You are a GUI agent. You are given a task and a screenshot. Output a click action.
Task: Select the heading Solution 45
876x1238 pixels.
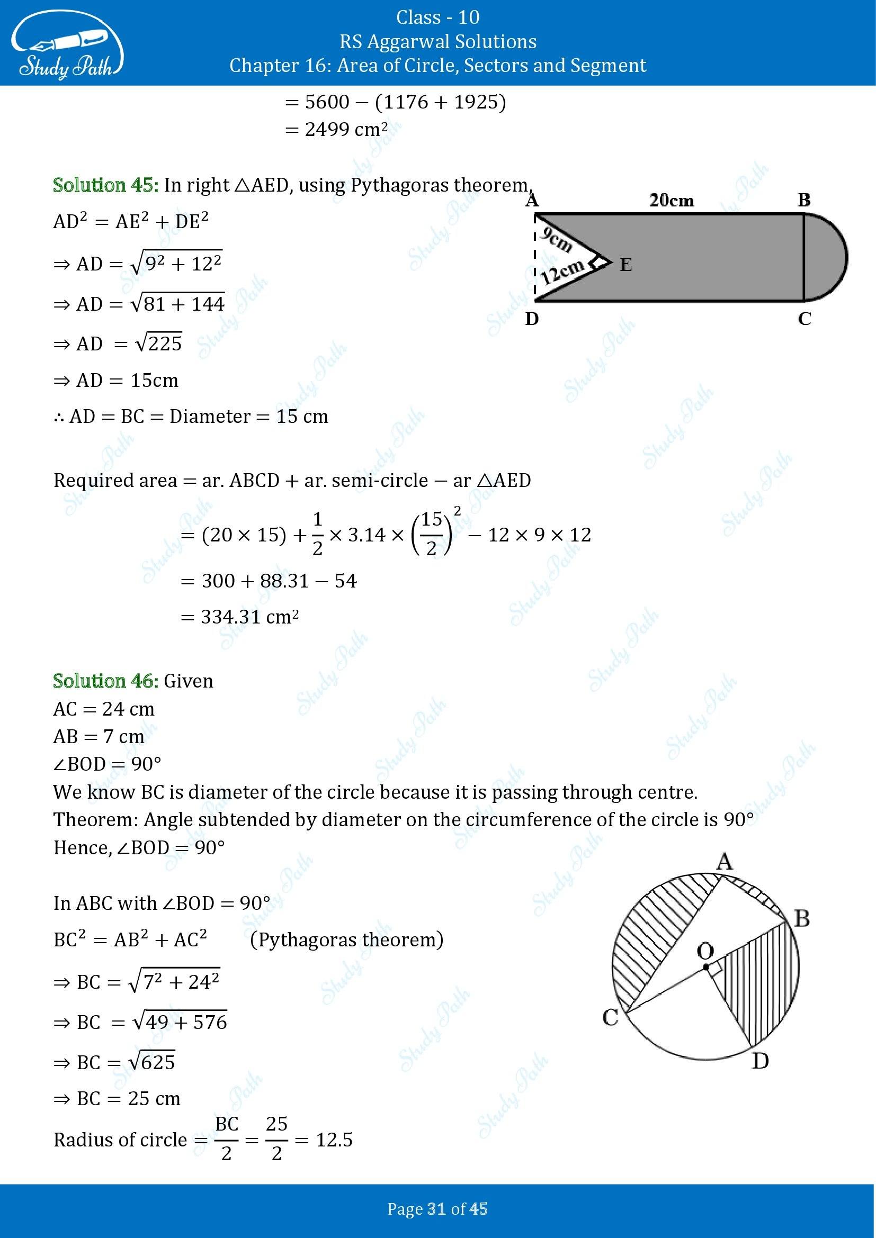(106, 185)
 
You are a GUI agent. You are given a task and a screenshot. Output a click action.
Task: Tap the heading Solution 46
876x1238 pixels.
(106, 681)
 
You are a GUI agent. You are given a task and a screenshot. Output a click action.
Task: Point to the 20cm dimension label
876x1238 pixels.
(671, 201)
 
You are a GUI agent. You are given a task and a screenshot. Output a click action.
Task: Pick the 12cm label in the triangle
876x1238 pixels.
(562, 273)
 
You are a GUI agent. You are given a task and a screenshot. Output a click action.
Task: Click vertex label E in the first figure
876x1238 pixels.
(625, 265)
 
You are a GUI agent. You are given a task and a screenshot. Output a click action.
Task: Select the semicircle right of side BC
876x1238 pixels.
(825, 257)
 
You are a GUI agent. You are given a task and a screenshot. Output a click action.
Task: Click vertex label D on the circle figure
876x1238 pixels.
(760, 1061)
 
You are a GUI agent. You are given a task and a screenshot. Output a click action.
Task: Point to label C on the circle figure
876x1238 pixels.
(610, 1018)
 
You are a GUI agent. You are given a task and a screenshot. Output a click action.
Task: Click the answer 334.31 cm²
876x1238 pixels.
(250, 617)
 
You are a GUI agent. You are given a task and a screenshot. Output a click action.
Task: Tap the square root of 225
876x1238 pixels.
(158, 344)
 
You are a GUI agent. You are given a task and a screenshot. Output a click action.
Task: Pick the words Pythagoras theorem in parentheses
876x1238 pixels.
(347, 939)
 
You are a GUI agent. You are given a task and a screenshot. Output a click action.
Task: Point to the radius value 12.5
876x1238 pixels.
(334, 1140)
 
